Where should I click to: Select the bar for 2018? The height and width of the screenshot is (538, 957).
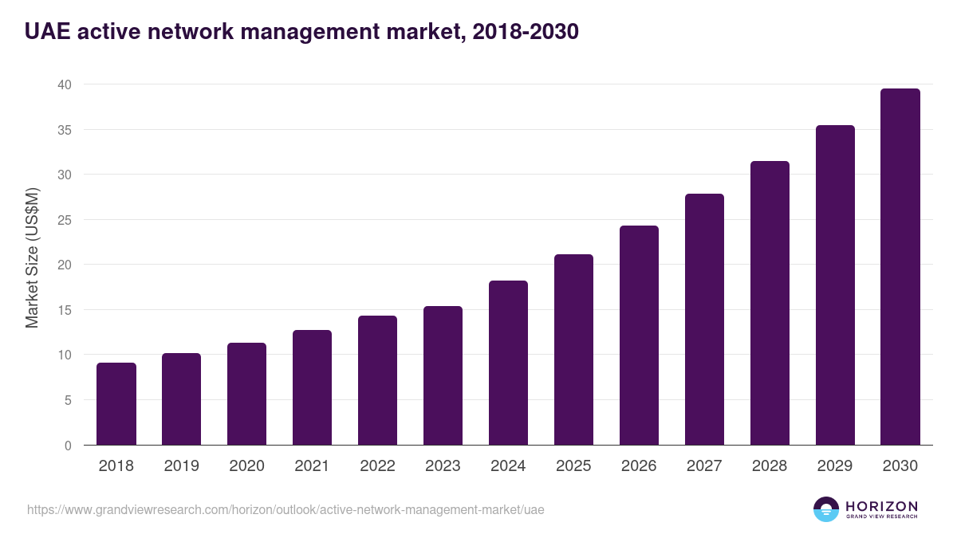(116, 404)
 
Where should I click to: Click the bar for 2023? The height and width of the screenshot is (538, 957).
(443, 375)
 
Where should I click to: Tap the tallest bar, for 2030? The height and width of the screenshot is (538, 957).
(900, 267)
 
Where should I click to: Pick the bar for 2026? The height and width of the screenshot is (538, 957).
(639, 336)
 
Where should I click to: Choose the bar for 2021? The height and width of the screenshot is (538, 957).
(312, 387)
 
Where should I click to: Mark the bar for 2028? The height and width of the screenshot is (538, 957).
(770, 303)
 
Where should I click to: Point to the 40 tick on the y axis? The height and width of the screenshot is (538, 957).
(65, 84)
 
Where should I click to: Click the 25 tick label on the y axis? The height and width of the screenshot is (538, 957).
(65, 220)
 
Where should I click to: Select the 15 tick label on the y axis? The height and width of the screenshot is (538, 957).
(65, 310)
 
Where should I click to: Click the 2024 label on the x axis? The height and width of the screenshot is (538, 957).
(508, 466)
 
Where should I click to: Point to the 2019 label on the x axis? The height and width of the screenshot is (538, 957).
(182, 466)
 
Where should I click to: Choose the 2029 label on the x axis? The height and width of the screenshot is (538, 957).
(835, 466)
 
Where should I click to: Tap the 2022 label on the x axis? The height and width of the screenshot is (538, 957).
(377, 466)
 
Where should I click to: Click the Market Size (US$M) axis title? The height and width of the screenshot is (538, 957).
(32, 257)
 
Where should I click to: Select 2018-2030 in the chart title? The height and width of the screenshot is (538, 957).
(525, 32)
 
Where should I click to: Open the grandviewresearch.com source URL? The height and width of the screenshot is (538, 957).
(286, 509)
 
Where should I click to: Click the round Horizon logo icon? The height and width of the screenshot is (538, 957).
(826, 509)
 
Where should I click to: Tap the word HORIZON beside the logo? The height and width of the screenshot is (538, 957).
(881, 506)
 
